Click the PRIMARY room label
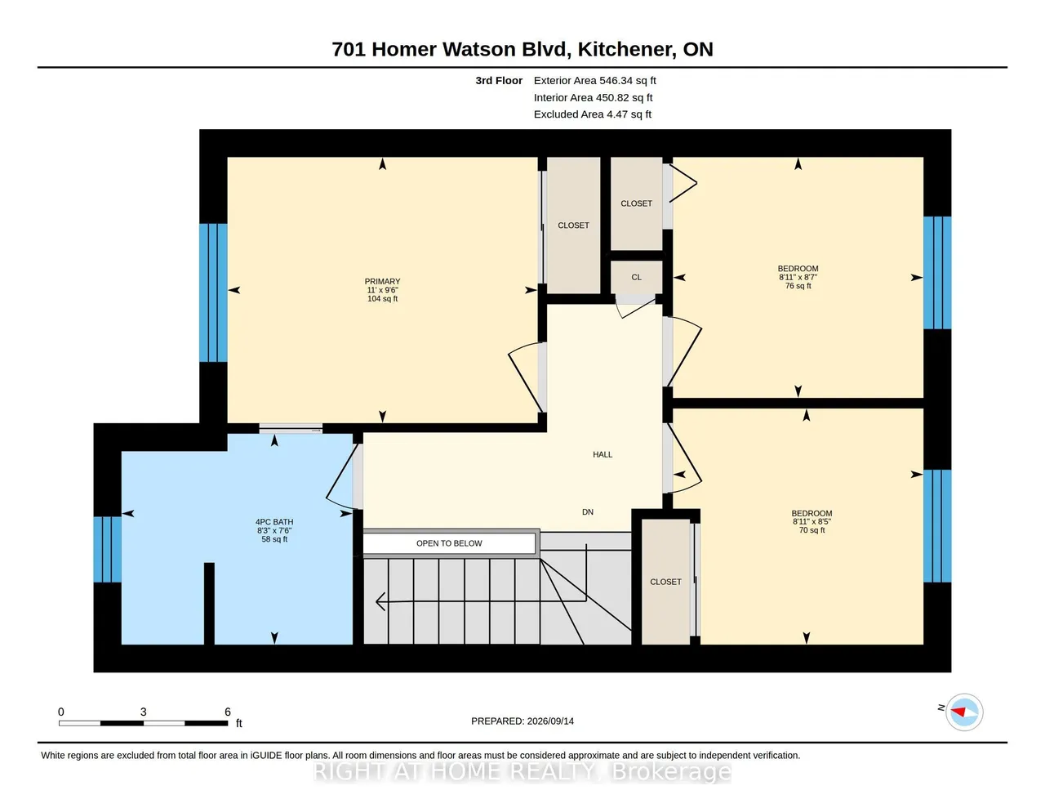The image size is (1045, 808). click(x=382, y=282)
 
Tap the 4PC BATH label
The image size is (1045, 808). click(x=274, y=522)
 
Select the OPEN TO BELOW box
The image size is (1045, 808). click(x=449, y=543)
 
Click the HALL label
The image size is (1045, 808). click(x=602, y=454)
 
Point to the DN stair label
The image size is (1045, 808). click(x=588, y=512)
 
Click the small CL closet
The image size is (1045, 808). click(x=636, y=278)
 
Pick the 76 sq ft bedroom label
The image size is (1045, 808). click(x=798, y=277)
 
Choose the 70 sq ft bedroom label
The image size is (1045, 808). click(x=812, y=522)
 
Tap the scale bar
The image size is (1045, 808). click(x=144, y=723)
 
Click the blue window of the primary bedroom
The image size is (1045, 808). click(x=214, y=292)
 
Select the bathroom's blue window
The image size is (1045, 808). click(x=107, y=549)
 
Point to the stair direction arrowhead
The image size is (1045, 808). click(x=380, y=601)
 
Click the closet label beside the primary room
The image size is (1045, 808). click(x=573, y=225)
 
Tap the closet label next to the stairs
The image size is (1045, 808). click(x=665, y=582)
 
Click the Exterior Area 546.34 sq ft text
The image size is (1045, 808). click(x=594, y=80)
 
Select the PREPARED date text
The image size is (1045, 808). click(x=522, y=721)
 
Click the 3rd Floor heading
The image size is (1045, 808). click(x=499, y=80)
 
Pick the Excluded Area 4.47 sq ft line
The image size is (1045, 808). click(x=593, y=114)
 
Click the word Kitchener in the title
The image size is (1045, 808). click(x=625, y=49)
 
